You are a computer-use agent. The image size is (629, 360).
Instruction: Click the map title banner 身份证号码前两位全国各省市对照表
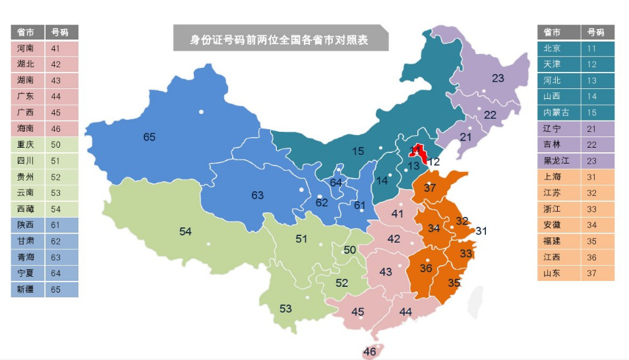pos(280,40)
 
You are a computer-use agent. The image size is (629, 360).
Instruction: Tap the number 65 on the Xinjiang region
pos(150,137)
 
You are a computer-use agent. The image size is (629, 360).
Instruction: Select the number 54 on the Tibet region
pos(185,231)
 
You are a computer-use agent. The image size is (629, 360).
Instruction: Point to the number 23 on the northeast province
pos(498,78)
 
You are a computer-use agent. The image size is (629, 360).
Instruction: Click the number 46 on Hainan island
pos(369,351)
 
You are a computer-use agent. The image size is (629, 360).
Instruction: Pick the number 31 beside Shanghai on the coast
pos(481,231)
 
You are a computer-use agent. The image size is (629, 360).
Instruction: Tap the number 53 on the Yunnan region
pos(285,309)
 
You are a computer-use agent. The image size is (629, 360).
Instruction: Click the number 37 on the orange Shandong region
pos(430,188)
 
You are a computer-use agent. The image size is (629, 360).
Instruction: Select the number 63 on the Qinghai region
pos(257,195)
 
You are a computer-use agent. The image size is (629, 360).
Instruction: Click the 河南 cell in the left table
pos(27,48)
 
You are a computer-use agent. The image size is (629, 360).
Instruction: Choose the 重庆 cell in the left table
pos(27,144)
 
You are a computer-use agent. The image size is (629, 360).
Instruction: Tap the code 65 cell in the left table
pos(61,289)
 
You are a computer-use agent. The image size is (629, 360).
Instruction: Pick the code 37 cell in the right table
pos(597,273)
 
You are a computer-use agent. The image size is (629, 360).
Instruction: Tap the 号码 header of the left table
pos(61,32)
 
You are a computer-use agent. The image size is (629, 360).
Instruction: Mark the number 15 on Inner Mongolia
pos(357,151)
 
